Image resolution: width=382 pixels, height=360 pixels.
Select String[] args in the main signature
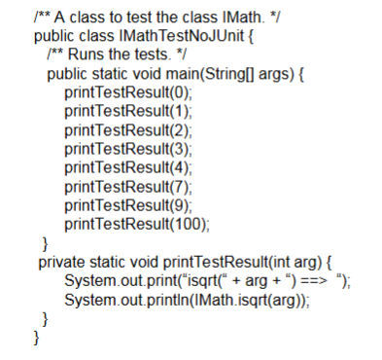pyautogui.click(x=237, y=74)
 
